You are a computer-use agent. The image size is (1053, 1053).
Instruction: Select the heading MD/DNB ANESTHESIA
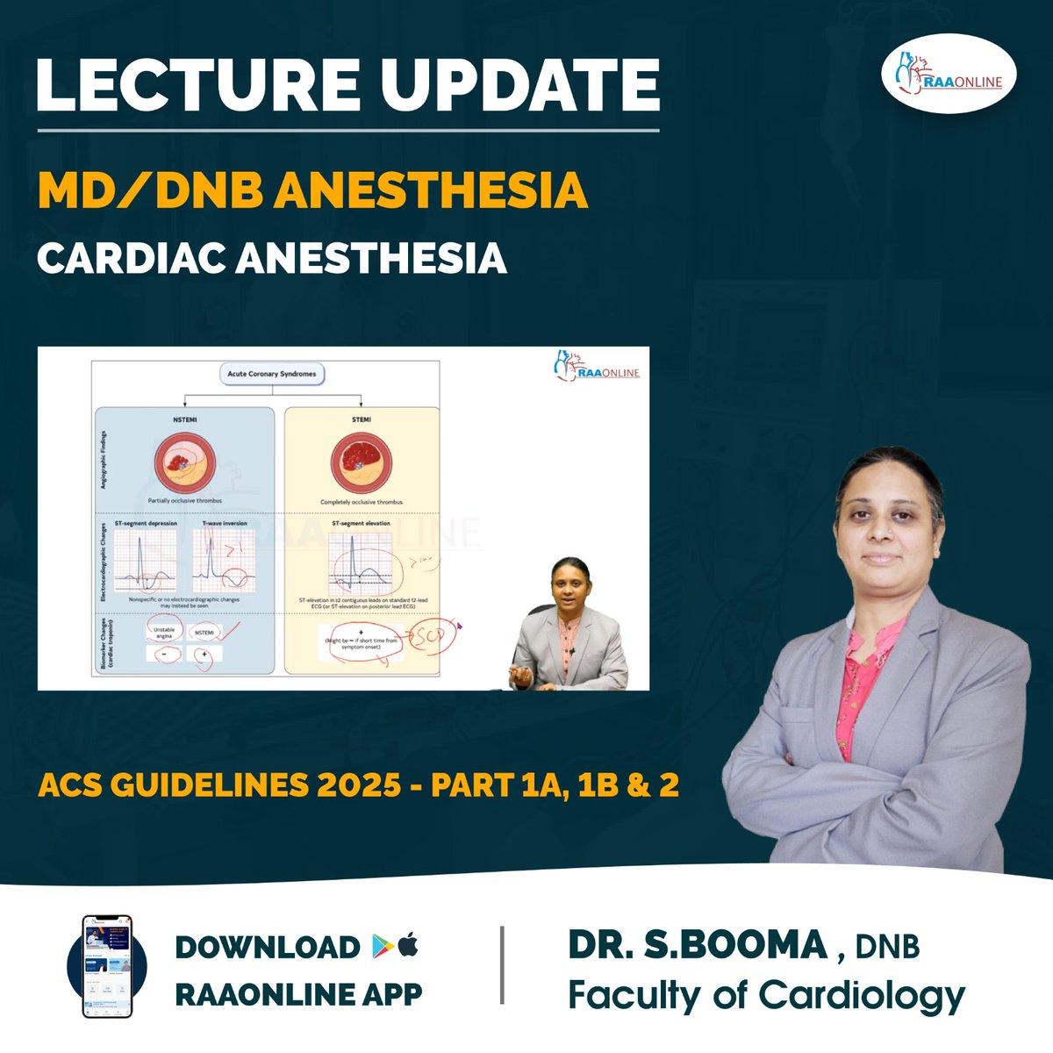[x=312, y=190]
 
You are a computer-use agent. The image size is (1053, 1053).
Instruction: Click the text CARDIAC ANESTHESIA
[x=272, y=258]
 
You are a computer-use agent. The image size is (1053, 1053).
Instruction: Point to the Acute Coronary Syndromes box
[x=271, y=374]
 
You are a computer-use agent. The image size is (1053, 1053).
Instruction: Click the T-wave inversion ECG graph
[x=225, y=562]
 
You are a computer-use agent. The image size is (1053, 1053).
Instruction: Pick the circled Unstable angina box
[x=164, y=632]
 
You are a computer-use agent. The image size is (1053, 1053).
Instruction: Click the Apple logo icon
[x=409, y=945]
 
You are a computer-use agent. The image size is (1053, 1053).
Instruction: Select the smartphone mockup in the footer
[x=106, y=966]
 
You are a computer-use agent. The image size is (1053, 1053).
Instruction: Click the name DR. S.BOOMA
[x=698, y=945]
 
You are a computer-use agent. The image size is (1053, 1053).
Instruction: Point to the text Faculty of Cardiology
[x=766, y=995]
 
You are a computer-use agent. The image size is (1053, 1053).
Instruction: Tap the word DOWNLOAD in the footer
[x=268, y=947]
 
